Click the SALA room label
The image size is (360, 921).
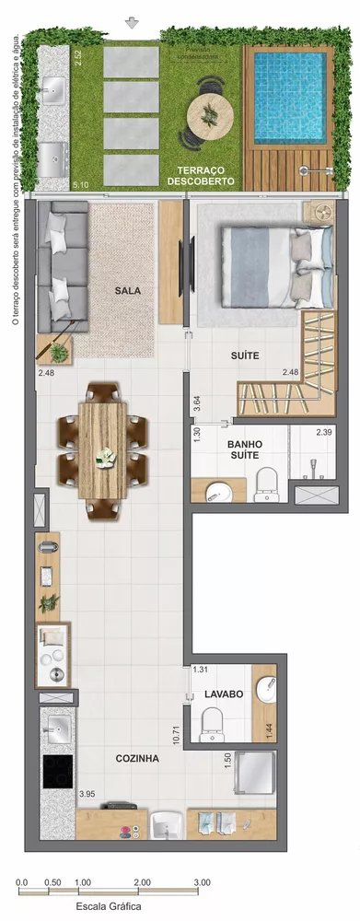[128, 290]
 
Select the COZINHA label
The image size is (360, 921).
[137, 758]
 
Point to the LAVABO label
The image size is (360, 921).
[225, 694]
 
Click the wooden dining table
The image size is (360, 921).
[103, 449]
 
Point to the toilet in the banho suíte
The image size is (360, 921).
[267, 483]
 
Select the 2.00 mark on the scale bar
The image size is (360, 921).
[142, 881]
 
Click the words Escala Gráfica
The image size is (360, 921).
[108, 907]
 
